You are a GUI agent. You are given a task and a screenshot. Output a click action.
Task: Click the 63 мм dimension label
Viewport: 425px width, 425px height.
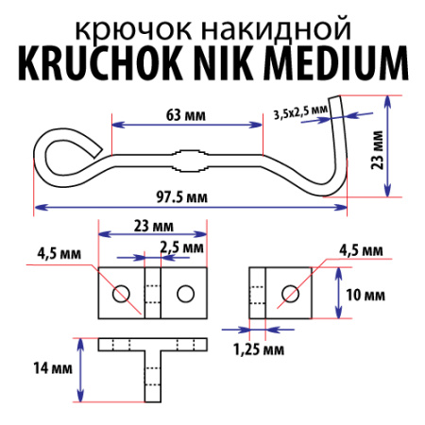pyautogui.click(x=186, y=115)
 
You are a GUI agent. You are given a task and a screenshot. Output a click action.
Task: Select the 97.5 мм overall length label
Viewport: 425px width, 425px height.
pyautogui.click(x=183, y=197)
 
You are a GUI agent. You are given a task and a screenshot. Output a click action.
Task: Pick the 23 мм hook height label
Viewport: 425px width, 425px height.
pyautogui.click(x=402, y=149)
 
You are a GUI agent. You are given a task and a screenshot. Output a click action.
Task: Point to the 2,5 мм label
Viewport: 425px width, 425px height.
pyautogui.click(x=182, y=247)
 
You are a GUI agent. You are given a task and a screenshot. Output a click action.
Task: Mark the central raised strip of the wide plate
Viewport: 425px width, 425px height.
pyautogui.click(x=151, y=293)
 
